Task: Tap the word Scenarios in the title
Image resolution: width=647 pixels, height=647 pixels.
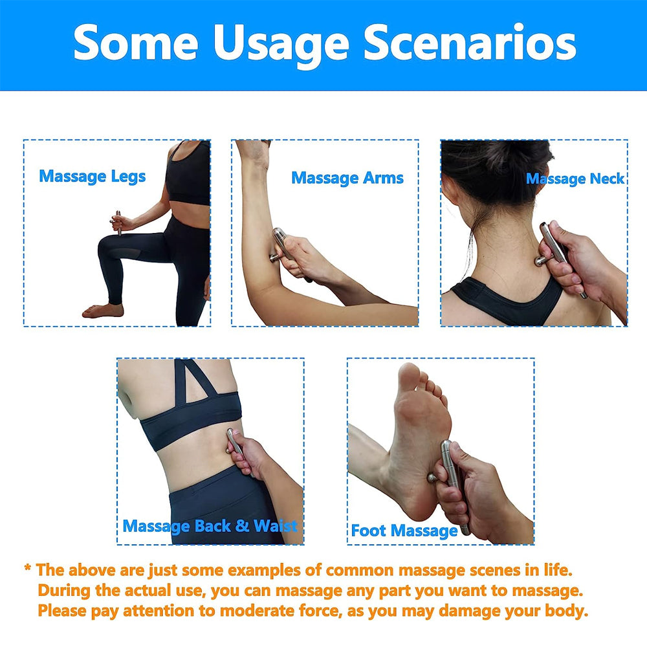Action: point(470,43)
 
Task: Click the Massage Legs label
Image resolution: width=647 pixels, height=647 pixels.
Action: point(93,176)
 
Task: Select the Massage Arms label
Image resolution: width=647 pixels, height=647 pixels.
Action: point(347,178)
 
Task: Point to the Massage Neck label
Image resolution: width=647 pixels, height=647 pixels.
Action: point(575,179)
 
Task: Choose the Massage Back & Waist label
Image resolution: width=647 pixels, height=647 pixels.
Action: point(210,525)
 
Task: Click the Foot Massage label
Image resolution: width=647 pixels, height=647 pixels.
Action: point(404,531)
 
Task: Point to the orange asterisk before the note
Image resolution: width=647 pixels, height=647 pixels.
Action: point(28,569)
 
